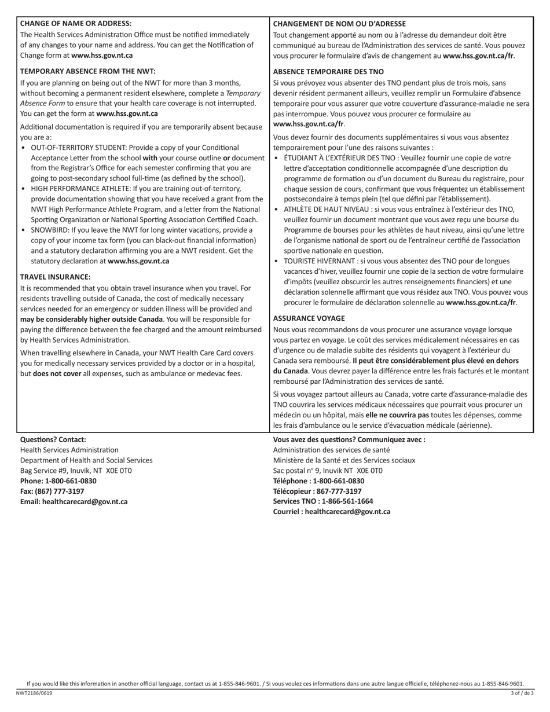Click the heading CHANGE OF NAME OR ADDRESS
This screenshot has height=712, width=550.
click(76, 24)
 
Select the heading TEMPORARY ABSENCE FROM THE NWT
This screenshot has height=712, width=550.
click(88, 71)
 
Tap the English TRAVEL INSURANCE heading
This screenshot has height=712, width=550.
click(55, 277)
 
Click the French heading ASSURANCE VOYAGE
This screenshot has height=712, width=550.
click(309, 318)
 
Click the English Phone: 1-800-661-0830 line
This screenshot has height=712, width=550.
click(58, 481)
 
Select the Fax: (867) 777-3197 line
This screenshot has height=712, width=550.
click(52, 491)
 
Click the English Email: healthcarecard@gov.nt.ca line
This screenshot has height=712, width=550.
click(74, 502)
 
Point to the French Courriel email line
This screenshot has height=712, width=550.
click(332, 512)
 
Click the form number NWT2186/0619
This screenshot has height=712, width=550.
click(34, 693)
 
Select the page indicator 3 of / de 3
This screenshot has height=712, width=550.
click(522, 693)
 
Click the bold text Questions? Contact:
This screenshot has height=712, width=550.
click(53, 439)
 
